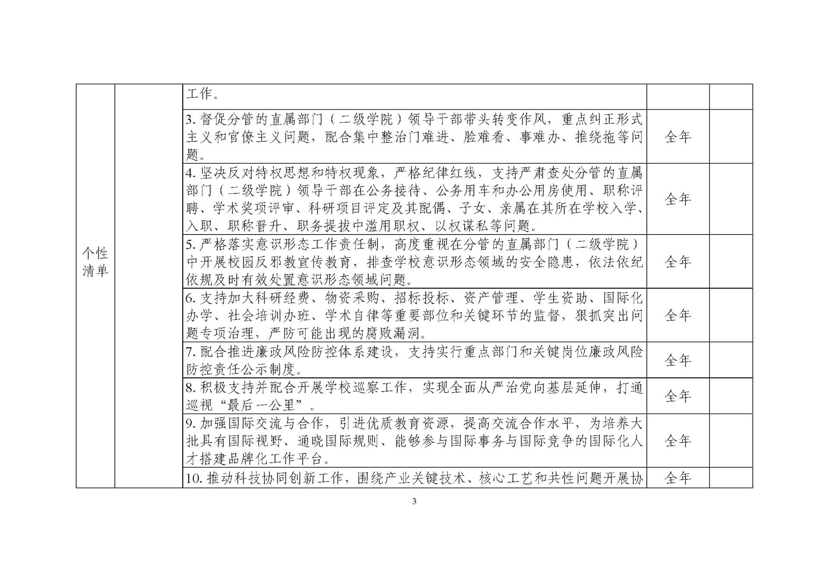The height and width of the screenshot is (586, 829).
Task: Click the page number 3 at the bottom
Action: click(x=414, y=501)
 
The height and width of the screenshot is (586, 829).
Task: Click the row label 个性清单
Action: click(x=95, y=262)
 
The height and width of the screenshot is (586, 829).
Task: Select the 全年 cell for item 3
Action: click(x=678, y=137)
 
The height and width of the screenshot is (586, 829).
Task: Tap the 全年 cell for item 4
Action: click(x=678, y=199)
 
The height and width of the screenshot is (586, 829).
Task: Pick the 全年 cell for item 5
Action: click(x=678, y=262)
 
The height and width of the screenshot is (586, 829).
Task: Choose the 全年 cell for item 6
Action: click(x=678, y=315)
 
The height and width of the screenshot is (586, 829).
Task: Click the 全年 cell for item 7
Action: click(x=678, y=360)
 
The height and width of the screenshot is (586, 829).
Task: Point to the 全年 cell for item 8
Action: click(x=678, y=396)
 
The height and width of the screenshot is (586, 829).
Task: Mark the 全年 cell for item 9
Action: click(x=678, y=440)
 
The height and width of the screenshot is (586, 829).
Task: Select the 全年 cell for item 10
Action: click(x=678, y=478)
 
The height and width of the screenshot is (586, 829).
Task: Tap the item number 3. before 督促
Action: click(x=191, y=119)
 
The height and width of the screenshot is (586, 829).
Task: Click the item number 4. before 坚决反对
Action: click(x=191, y=173)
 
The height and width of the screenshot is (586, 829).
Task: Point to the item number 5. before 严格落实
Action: click(x=191, y=245)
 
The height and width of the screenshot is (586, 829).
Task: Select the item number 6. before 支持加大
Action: click(x=191, y=298)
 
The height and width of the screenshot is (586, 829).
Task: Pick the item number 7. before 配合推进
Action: click(x=191, y=352)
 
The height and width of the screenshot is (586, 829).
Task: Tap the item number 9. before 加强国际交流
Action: click(x=191, y=424)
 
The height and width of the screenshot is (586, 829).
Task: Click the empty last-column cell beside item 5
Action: click(x=731, y=262)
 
